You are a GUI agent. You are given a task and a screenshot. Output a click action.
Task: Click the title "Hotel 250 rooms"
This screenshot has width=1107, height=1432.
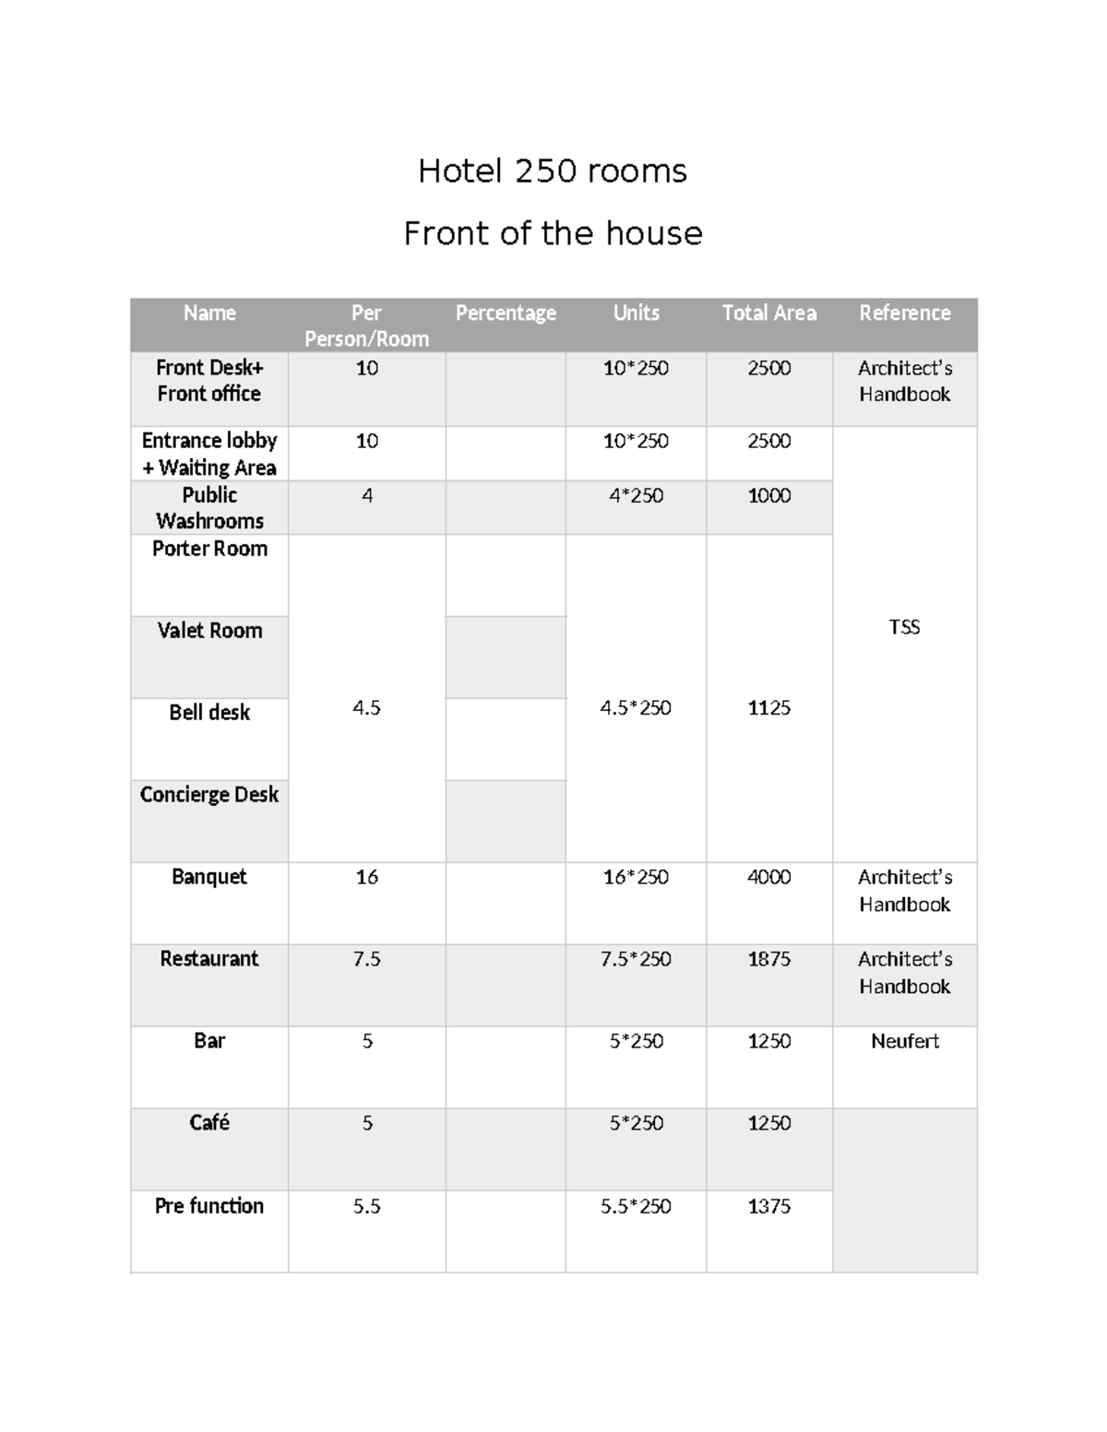[552, 172]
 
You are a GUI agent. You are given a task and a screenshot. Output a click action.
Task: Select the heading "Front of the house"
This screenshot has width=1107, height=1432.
[553, 233]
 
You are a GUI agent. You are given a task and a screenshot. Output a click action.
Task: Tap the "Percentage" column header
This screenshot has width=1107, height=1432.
[506, 314]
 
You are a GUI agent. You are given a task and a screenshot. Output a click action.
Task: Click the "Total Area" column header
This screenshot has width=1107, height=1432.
[768, 314]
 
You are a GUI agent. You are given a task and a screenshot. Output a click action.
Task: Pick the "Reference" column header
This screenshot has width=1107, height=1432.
[904, 314]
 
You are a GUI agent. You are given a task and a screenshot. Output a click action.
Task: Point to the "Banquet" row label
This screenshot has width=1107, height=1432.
[209, 877]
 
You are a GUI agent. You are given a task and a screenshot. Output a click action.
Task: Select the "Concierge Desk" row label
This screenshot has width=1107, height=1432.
[209, 795]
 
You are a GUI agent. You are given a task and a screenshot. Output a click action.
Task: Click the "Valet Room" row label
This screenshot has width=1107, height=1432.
[209, 631]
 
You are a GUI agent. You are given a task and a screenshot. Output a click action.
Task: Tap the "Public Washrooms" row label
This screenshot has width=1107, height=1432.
[209, 508]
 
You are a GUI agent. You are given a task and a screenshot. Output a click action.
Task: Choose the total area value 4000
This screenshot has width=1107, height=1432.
[768, 877]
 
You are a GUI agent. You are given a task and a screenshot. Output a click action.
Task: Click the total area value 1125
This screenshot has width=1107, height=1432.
[768, 708]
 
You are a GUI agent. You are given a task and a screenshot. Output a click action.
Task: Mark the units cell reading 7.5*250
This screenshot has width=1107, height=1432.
[636, 959]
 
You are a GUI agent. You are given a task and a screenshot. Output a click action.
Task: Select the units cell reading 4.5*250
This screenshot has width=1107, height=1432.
[636, 708]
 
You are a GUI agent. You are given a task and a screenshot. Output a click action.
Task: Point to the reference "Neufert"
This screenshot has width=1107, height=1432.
[904, 1041]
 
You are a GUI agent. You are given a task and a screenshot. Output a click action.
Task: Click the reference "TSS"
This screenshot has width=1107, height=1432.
[904, 627]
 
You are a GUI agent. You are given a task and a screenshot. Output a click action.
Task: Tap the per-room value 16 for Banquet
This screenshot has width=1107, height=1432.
[366, 877]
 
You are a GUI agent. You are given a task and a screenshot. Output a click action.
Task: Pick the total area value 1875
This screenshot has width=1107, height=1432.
[768, 959]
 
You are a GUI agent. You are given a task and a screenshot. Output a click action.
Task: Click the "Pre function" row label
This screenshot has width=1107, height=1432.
[209, 1206]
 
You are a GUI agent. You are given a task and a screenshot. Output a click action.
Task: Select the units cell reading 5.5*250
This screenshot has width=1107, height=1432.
[636, 1206]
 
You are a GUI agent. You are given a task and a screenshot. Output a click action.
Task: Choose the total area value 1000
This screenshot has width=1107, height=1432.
[768, 496]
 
